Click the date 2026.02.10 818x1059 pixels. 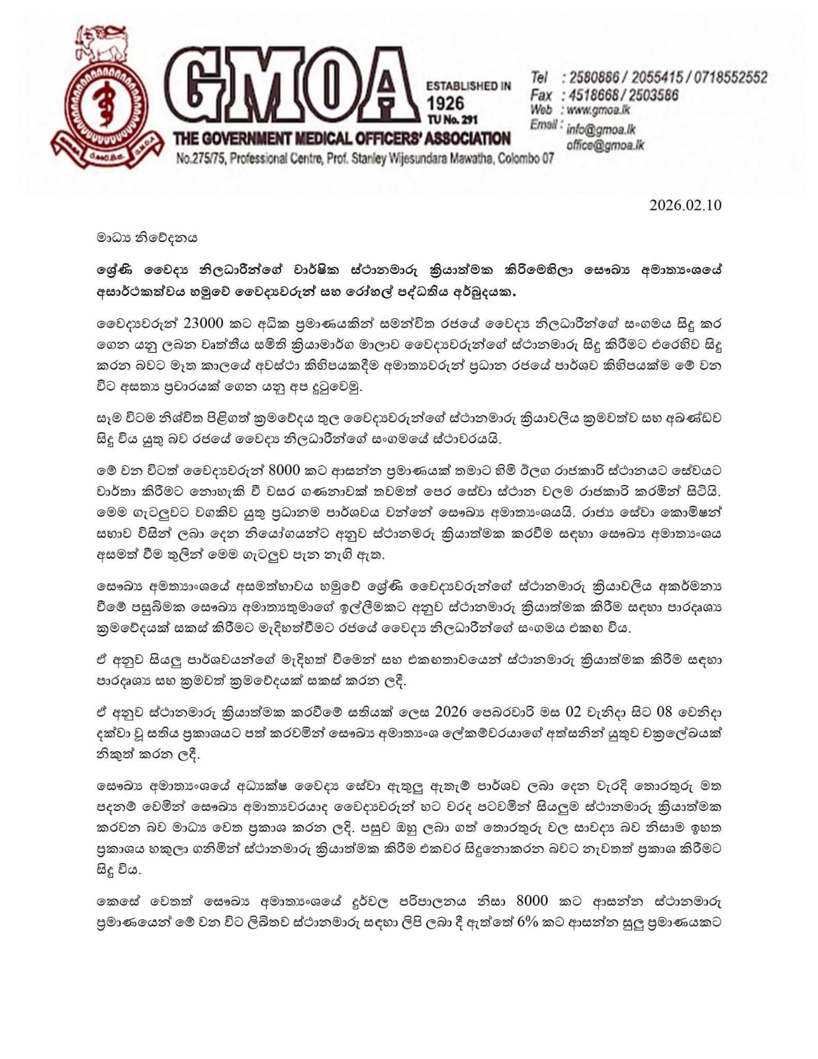685,205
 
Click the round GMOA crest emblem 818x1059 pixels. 106,106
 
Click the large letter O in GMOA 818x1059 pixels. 334,89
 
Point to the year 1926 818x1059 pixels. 445,103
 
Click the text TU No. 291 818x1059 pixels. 452,120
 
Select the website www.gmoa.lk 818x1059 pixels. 598,111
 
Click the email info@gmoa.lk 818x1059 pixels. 601,130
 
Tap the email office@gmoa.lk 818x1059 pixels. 605,145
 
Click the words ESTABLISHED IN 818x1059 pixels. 468,86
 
